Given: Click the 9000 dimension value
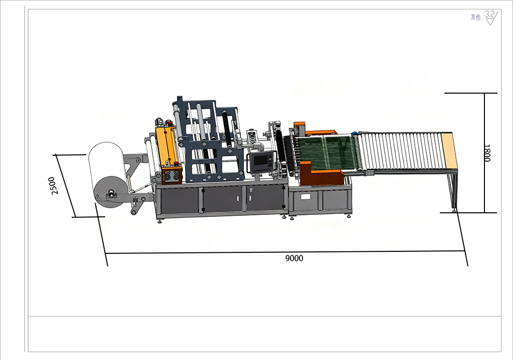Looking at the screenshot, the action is tap(294, 258).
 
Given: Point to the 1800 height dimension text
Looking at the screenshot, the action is tap(487, 153).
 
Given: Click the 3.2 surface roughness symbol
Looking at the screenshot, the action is tap(491, 18).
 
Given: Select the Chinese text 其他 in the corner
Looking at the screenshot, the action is tap(475, 18).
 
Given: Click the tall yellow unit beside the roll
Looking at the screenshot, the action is tap(167, 146).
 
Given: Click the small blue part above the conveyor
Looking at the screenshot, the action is tap(354, 133).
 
